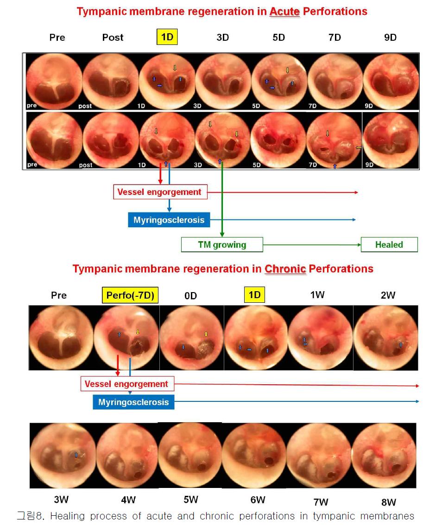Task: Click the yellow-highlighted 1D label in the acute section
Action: [x=167, y=37]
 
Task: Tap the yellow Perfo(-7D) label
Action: [x=130, y=295]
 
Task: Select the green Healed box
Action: [x=389, y=245]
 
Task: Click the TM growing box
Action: [x=222, y=245]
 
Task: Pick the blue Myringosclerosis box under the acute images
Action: [x=169, y=220]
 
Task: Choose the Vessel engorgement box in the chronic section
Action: [x=127, y=384]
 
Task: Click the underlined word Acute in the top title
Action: [x=284, y=12]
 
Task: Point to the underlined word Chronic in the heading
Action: [x=285, y=269]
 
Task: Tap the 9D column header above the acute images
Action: [x=391, y=37]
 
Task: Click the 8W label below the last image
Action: [x=388, y=502]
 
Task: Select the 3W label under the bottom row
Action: [x=61, y=500]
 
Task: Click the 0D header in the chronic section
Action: [x=191, y=296]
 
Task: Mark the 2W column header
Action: [x=388, y=295]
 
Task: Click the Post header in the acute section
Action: [x=113, y=37]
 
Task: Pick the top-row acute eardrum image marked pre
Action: [x=54, y=81]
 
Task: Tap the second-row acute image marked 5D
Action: [x=278, y=140]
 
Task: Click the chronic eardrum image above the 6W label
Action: [x=254, y=456]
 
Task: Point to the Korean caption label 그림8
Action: [x=30, y=516]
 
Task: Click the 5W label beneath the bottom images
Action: [x=191, y=500]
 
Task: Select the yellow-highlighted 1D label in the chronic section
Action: [x=254, y=294]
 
